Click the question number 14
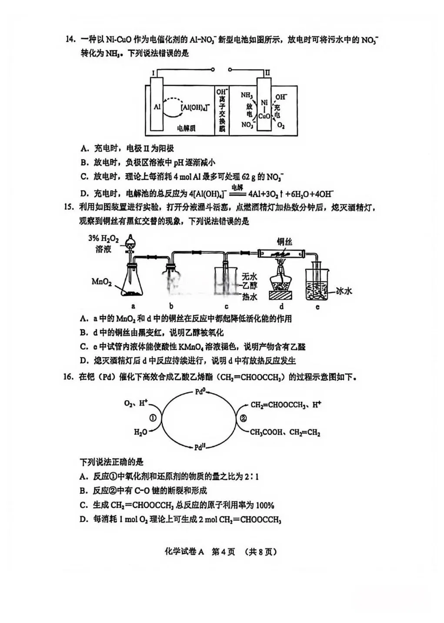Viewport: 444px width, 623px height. click(x=70, y=40)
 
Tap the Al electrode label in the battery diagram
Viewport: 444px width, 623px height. click(x=157, y=106)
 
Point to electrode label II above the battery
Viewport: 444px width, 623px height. click(x=267, y=73)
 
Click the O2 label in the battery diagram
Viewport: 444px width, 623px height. click(x=281, y=126)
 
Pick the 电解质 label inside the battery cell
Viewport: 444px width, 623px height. click(x=186, y=128)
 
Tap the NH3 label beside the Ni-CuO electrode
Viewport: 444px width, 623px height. click(x=247, y=95)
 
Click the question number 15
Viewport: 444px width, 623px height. click(x=69, y=207)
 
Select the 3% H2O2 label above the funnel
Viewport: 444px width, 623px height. click(x=103, y=238)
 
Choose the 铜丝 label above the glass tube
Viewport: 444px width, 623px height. click(x=284, y=241)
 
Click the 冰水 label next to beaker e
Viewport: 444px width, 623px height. click(x=344, y=291)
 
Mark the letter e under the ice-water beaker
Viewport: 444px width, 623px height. click(x=317, y=307)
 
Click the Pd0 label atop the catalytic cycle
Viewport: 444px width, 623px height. click(x=200, y=392)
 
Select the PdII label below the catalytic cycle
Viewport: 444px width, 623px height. click(x=200, y=447)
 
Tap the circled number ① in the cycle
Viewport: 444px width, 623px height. click(x=153, y=418)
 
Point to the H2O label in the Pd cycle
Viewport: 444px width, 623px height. click(x=140, y=432)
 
